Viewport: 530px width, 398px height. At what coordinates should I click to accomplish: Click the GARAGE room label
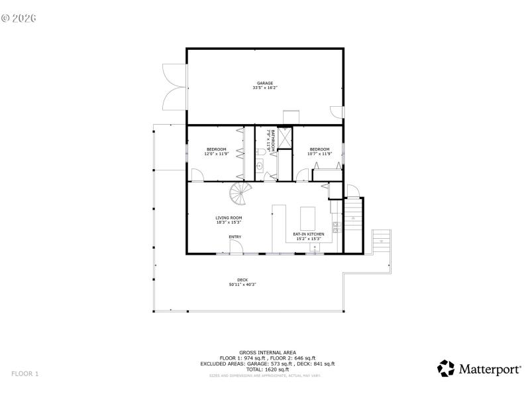tap(265, 83)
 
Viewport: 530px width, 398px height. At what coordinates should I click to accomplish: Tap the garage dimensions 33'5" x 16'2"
tap(265, 88)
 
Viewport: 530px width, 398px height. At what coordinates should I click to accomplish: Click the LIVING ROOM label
tap(229, 218)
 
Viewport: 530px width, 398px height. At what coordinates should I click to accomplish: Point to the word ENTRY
tap(235, 237)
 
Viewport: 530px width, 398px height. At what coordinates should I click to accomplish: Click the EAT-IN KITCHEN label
tap(309, 234)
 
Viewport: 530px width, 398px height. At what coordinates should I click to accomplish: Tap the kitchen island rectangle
tap(308, 217)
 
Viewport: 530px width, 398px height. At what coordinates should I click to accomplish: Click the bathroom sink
tap(260, 166)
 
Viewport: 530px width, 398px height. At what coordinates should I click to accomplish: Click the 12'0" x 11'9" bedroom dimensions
tap(217, 154)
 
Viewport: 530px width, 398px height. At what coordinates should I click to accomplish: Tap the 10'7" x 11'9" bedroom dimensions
tap(319, 154)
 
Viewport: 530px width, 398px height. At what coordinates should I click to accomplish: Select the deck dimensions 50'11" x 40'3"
tap(242, 285)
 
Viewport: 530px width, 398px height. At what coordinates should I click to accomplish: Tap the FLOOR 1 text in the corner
tap(25, 374)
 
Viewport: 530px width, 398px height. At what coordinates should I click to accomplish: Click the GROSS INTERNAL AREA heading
tap(268, 352)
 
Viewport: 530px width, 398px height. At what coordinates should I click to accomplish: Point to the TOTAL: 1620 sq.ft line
tap(268, 369)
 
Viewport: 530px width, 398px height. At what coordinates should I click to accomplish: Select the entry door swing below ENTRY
tap(235, 247)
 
